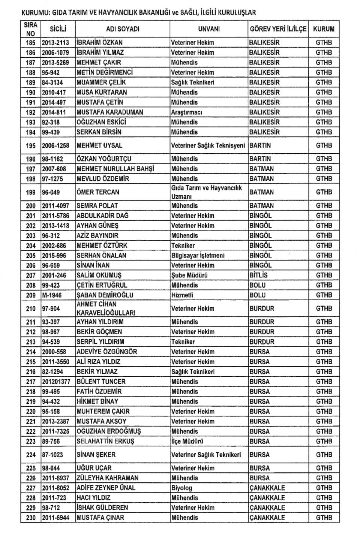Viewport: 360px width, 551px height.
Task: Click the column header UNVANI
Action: pos(209,29)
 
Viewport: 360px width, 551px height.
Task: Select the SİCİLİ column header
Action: pos(58,29)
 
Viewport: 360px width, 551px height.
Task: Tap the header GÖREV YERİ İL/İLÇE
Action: pos(278,29)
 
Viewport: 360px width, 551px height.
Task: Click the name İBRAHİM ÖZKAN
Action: pos(99,43)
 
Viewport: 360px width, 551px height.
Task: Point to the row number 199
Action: pos(31,192)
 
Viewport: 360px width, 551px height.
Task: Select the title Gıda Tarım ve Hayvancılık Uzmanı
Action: pos(207,192)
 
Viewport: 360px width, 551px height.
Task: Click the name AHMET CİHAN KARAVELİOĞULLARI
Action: pos(106,308)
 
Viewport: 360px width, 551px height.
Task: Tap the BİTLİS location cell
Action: pos(258,275)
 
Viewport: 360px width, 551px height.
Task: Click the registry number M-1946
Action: pos(51,295)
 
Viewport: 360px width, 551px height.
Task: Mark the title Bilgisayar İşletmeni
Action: pos(198,255)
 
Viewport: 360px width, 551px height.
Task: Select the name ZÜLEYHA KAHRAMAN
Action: pos(107,478)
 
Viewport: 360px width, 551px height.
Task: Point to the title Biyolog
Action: pos(181,488)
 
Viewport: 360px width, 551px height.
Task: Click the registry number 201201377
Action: pos(56,382)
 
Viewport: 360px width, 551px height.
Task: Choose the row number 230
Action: pos(31,518)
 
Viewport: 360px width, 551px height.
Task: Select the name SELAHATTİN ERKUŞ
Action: pos(105,441)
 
